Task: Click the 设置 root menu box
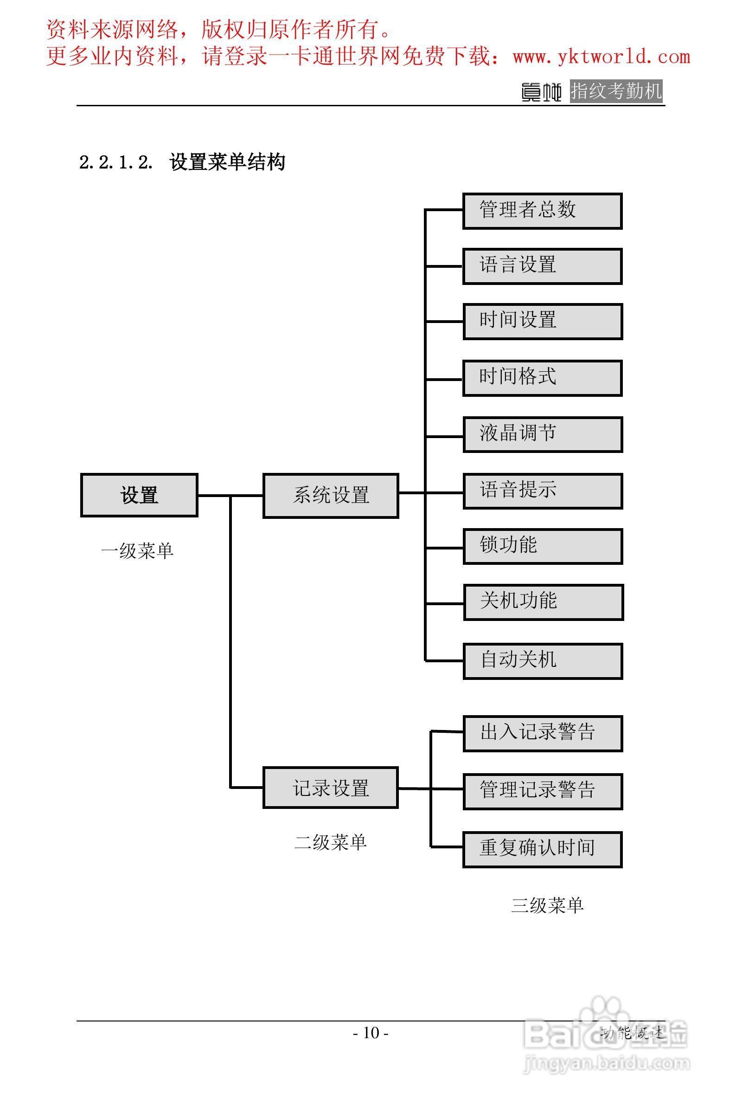(139, 495)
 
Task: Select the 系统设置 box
(331, 496)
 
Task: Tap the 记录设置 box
(331, 788)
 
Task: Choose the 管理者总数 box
(542, 211)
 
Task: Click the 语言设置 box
(542, 266)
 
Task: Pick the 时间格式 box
(542, 378)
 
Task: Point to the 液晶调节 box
(543, 434)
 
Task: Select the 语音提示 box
(543, 491)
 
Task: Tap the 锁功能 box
(543, 546)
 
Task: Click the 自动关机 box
(543, 661)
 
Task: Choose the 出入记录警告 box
(543, 734)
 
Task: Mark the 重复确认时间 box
(542, 849)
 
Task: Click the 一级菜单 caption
(137, 551)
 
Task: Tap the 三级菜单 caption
(547, 905)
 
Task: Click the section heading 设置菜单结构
(227, 162)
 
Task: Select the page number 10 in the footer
(371, 1033)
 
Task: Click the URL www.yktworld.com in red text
(602, 57)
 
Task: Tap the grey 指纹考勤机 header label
(616, 91)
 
